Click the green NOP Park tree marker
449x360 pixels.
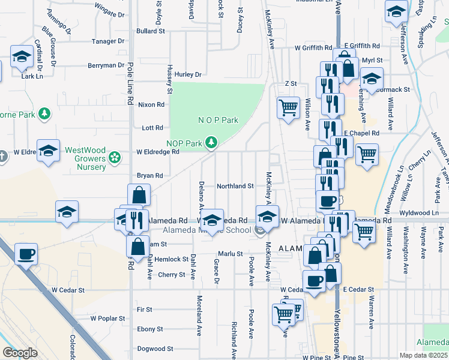211,143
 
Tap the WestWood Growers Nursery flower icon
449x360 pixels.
114,158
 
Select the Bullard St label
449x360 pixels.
150,31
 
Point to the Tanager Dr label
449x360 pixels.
108,41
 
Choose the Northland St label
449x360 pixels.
235,187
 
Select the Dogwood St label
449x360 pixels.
155,349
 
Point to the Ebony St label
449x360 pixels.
150,329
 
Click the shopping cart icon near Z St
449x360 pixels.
288,109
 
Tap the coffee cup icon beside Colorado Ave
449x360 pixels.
26,254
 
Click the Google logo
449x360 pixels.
20,353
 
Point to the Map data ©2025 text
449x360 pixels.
424,355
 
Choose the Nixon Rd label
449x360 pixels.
151,104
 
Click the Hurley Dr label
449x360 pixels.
188,74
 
